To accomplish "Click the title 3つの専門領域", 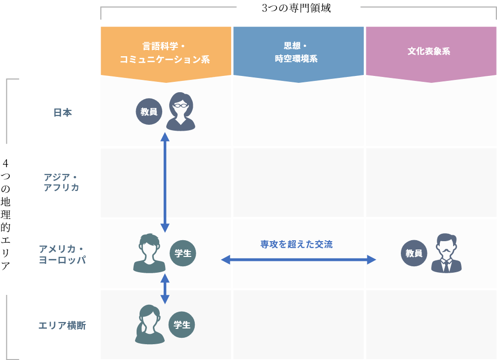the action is (x=296, y=8).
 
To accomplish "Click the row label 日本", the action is (x=63, y=112).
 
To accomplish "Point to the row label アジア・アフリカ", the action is (x=61, y=182).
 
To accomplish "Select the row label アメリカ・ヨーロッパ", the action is (x=62, y=254).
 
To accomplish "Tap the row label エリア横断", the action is (x=62, y=325).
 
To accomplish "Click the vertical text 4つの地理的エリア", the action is (x=5, y=214).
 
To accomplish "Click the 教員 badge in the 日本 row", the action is (x=149, y=111).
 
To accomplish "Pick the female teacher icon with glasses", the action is (x=180, y=111).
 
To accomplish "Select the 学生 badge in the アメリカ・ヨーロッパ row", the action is (x=183, y=253).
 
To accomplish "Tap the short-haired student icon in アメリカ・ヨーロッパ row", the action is (x=149, y=253).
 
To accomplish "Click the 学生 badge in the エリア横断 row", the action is (x=181, y=324).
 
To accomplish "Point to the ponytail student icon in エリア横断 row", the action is (x=149, y=324).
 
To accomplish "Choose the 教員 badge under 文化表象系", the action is (x=414, y=253).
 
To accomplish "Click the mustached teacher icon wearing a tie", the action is (x=446, y=253).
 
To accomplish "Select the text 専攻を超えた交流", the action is (x=297, y=244).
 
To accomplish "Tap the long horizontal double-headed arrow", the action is (x=298, y=260).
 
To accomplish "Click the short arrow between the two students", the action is (x=165, y=288).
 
